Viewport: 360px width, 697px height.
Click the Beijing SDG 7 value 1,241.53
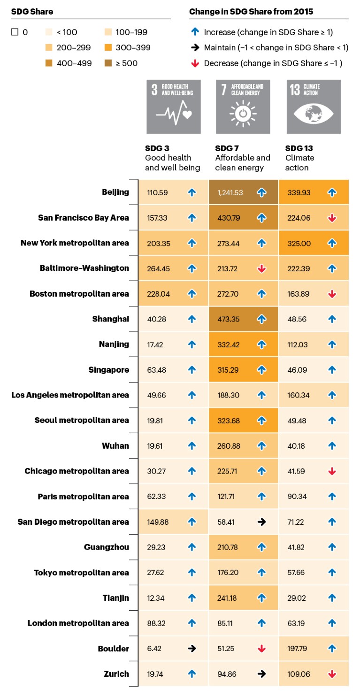coord(230,192)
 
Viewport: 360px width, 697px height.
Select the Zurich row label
coord(116,674)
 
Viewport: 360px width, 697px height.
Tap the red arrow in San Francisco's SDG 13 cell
coord(332,218)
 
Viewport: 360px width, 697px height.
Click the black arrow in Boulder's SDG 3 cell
coord(191,649)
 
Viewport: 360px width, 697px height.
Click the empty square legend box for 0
coord(15,32)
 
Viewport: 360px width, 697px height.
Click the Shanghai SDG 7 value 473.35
coord(228,319)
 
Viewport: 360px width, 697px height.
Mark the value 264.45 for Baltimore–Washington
coord(157,268)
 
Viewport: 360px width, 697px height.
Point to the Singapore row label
coord(109,369)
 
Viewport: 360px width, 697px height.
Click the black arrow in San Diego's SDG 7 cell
coord(262,522)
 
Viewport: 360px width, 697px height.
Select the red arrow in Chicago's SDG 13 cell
coord(332,471)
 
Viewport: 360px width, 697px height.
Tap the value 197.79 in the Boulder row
coord(298,649)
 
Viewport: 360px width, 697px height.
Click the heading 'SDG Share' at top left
coord(32,10)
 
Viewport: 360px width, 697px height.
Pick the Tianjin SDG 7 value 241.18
coord(228,598)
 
